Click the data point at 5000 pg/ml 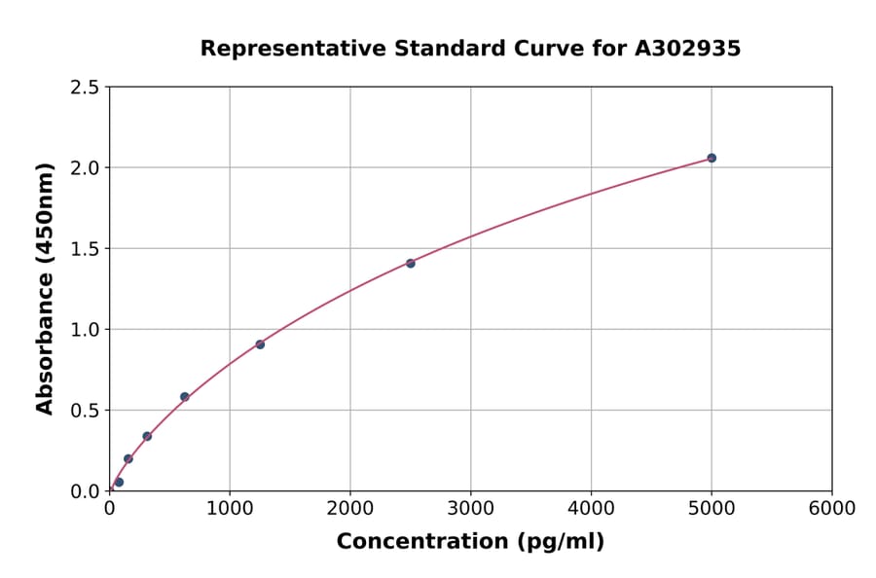tap(712, 158)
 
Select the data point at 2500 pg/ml tap(410, 264)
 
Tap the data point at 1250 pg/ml tap(260, 344)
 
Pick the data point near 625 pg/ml tap(184, 397)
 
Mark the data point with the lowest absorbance tap(119, 482)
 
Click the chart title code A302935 tap(689, 49)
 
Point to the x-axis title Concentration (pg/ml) tap(470, 542)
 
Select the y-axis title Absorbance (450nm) tap(45, 288)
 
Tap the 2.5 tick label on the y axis tap(84, 88)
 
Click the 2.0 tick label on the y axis tap(84, 168)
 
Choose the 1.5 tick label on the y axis tap(84, 249)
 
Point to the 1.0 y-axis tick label tap(84, 330)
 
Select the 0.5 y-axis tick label tap(84, 411)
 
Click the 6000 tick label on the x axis tap(831, 509)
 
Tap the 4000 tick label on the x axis tap(591, 509)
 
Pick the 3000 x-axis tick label tap(470, 509)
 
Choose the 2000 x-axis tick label tap(350, 509)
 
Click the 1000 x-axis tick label tap(230, 509)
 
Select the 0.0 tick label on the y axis tap(84, 491)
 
